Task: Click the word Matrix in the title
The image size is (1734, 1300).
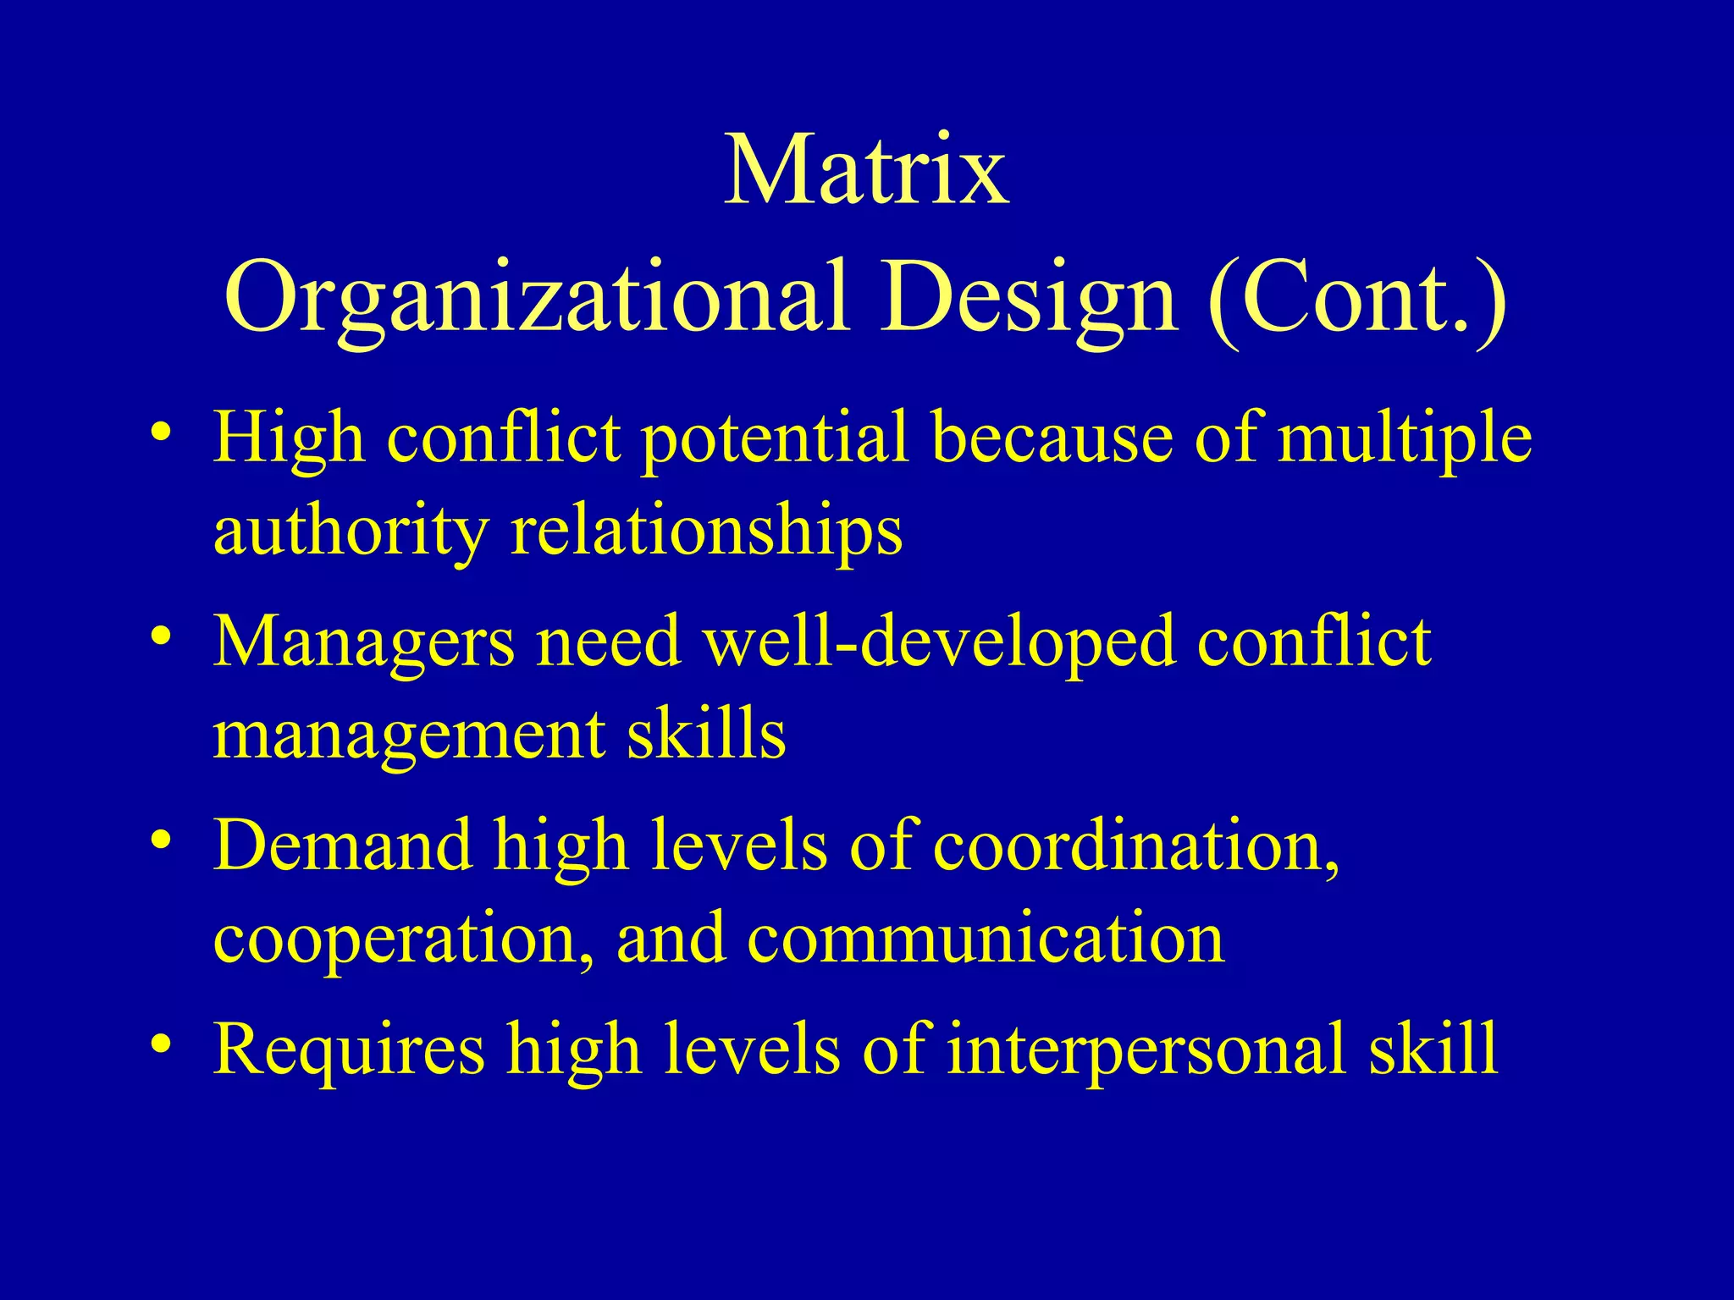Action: coord(866,171)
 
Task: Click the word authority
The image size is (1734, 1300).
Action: coord(351,533)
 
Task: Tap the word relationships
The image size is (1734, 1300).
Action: coord(707,533)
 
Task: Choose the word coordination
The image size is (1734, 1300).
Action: coord(1136,846)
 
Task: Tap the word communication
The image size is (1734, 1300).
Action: coord(985,939)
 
